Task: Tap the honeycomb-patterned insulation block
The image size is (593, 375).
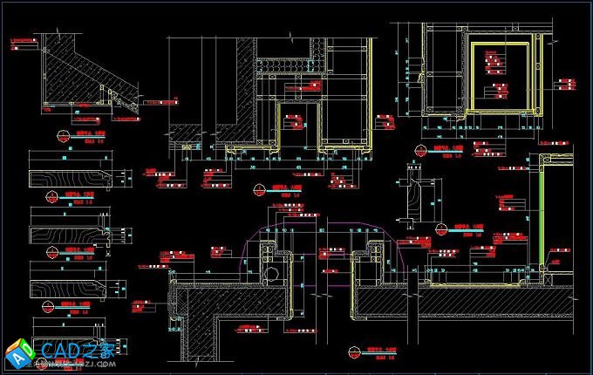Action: click(289, 66)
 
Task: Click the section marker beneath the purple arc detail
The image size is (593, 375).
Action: click(353, 353)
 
